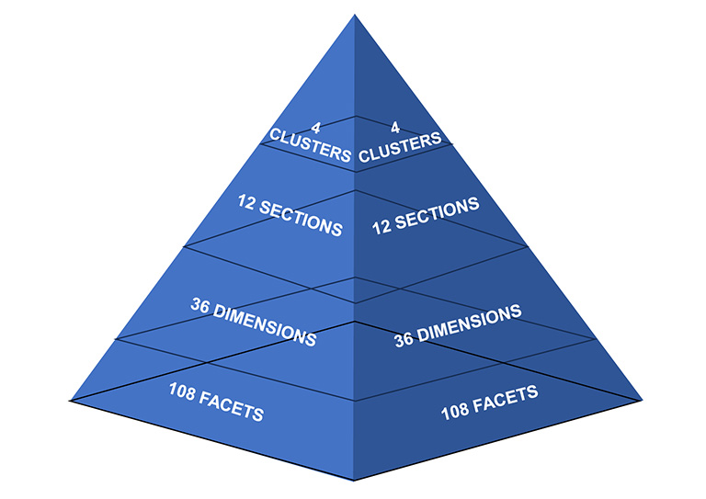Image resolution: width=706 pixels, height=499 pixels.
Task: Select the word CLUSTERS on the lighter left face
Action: tap(311, 146)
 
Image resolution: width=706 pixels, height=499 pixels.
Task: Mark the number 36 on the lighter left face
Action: tap(201, 305)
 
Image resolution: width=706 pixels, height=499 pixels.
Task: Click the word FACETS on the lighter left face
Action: tap(233, 407)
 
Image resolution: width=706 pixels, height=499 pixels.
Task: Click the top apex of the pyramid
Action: tap(355, 15)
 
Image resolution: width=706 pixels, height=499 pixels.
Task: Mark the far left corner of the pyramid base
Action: tap(70, 399)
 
